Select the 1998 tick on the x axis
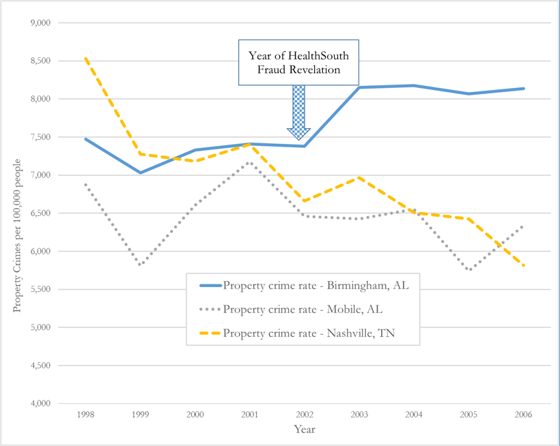tap(86, 414)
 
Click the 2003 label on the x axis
tap(360, 414)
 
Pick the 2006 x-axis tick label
tap(524, 414)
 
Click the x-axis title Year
tap(305, 429)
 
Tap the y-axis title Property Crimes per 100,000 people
tap(18, 235)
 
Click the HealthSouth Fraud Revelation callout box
tap(298, 63)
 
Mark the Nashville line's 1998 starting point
tap(86, 59)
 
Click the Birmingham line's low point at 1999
tap(141, 173)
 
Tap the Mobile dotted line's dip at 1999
tap(141, 265)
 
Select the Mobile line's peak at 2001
tap(250, 162)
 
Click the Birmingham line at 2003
tap(360, 87)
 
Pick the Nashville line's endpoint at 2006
tap(524, 266)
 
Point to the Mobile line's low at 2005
tap(469, 270)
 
